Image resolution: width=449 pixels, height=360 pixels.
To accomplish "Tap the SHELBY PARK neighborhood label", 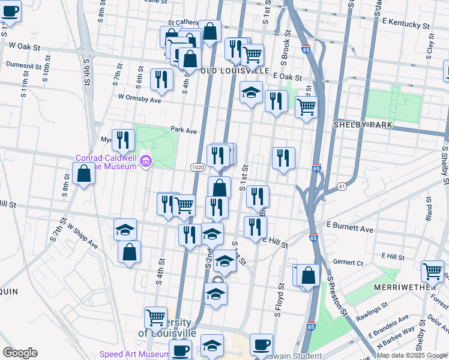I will pyautogui.click(x=363, y=124).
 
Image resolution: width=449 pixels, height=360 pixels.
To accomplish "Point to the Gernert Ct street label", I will pyautogui.click(x=348, y=263).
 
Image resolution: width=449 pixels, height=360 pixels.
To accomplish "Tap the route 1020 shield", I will pyautogui.click(x=199, y=167).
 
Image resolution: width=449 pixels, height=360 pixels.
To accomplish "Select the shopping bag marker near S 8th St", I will pyautogui.click(x=83, y=174).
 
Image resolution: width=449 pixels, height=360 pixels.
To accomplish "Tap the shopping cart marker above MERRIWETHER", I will pyautogui.click(x=432, y=271).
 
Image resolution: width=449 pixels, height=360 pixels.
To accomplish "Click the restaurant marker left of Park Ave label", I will pyautogui.click(x=123, y=140).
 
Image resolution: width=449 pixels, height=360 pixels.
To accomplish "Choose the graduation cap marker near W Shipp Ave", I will pyautogui.click(x=125, y=229).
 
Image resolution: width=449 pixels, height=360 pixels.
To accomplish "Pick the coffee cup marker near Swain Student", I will pyautogui.click(x=261, y=344).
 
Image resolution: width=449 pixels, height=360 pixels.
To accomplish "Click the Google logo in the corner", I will pyautogui.click(x=20, y=353).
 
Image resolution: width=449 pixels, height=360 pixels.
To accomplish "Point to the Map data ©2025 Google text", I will pyautogui.click(x=412, y=355).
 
